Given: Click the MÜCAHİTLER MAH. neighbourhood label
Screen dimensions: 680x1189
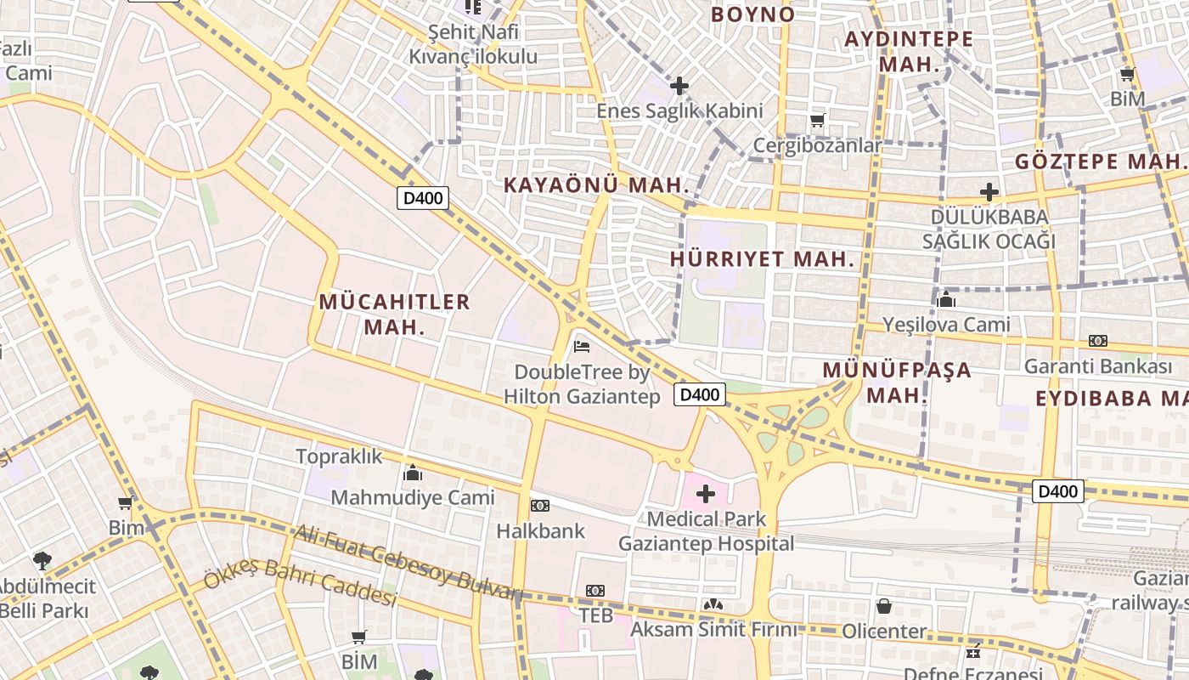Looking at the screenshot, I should [x=394, y=314].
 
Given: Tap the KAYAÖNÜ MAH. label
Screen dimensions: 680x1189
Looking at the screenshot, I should [x=595, y=184].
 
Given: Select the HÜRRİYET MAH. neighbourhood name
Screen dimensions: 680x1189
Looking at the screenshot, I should [x=762, y=259].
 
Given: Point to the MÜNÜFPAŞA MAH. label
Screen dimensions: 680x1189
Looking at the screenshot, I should [x=897, y=382].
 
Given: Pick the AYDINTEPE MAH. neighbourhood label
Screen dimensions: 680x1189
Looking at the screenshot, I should [x=910, y=51].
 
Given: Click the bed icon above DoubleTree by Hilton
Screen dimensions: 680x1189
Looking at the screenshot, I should [x=582, y=346].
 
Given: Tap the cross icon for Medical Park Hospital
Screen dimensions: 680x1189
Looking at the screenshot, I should [x=706, y=493].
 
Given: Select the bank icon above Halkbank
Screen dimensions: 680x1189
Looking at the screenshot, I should [x=540, y=506].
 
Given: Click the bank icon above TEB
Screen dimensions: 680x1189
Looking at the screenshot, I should [x=595, y=590].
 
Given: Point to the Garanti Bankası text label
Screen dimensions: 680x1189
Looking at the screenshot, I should [x=1098, y=366].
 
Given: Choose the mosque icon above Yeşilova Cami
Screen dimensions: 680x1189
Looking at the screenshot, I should [x=946, y=298].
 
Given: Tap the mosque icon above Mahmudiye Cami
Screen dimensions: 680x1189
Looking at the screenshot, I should [x=413, y=473].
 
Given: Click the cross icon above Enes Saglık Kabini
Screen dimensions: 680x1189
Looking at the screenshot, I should [x=679, y=85].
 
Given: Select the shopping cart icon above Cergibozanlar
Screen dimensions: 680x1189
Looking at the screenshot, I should [x=817, y=120].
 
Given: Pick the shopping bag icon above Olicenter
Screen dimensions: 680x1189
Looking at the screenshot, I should [x=884, y=606].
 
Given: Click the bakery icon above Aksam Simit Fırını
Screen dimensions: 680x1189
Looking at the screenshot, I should [x=713, y=604].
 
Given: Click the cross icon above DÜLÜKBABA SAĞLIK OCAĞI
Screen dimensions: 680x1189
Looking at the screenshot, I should [x=989, y=192].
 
